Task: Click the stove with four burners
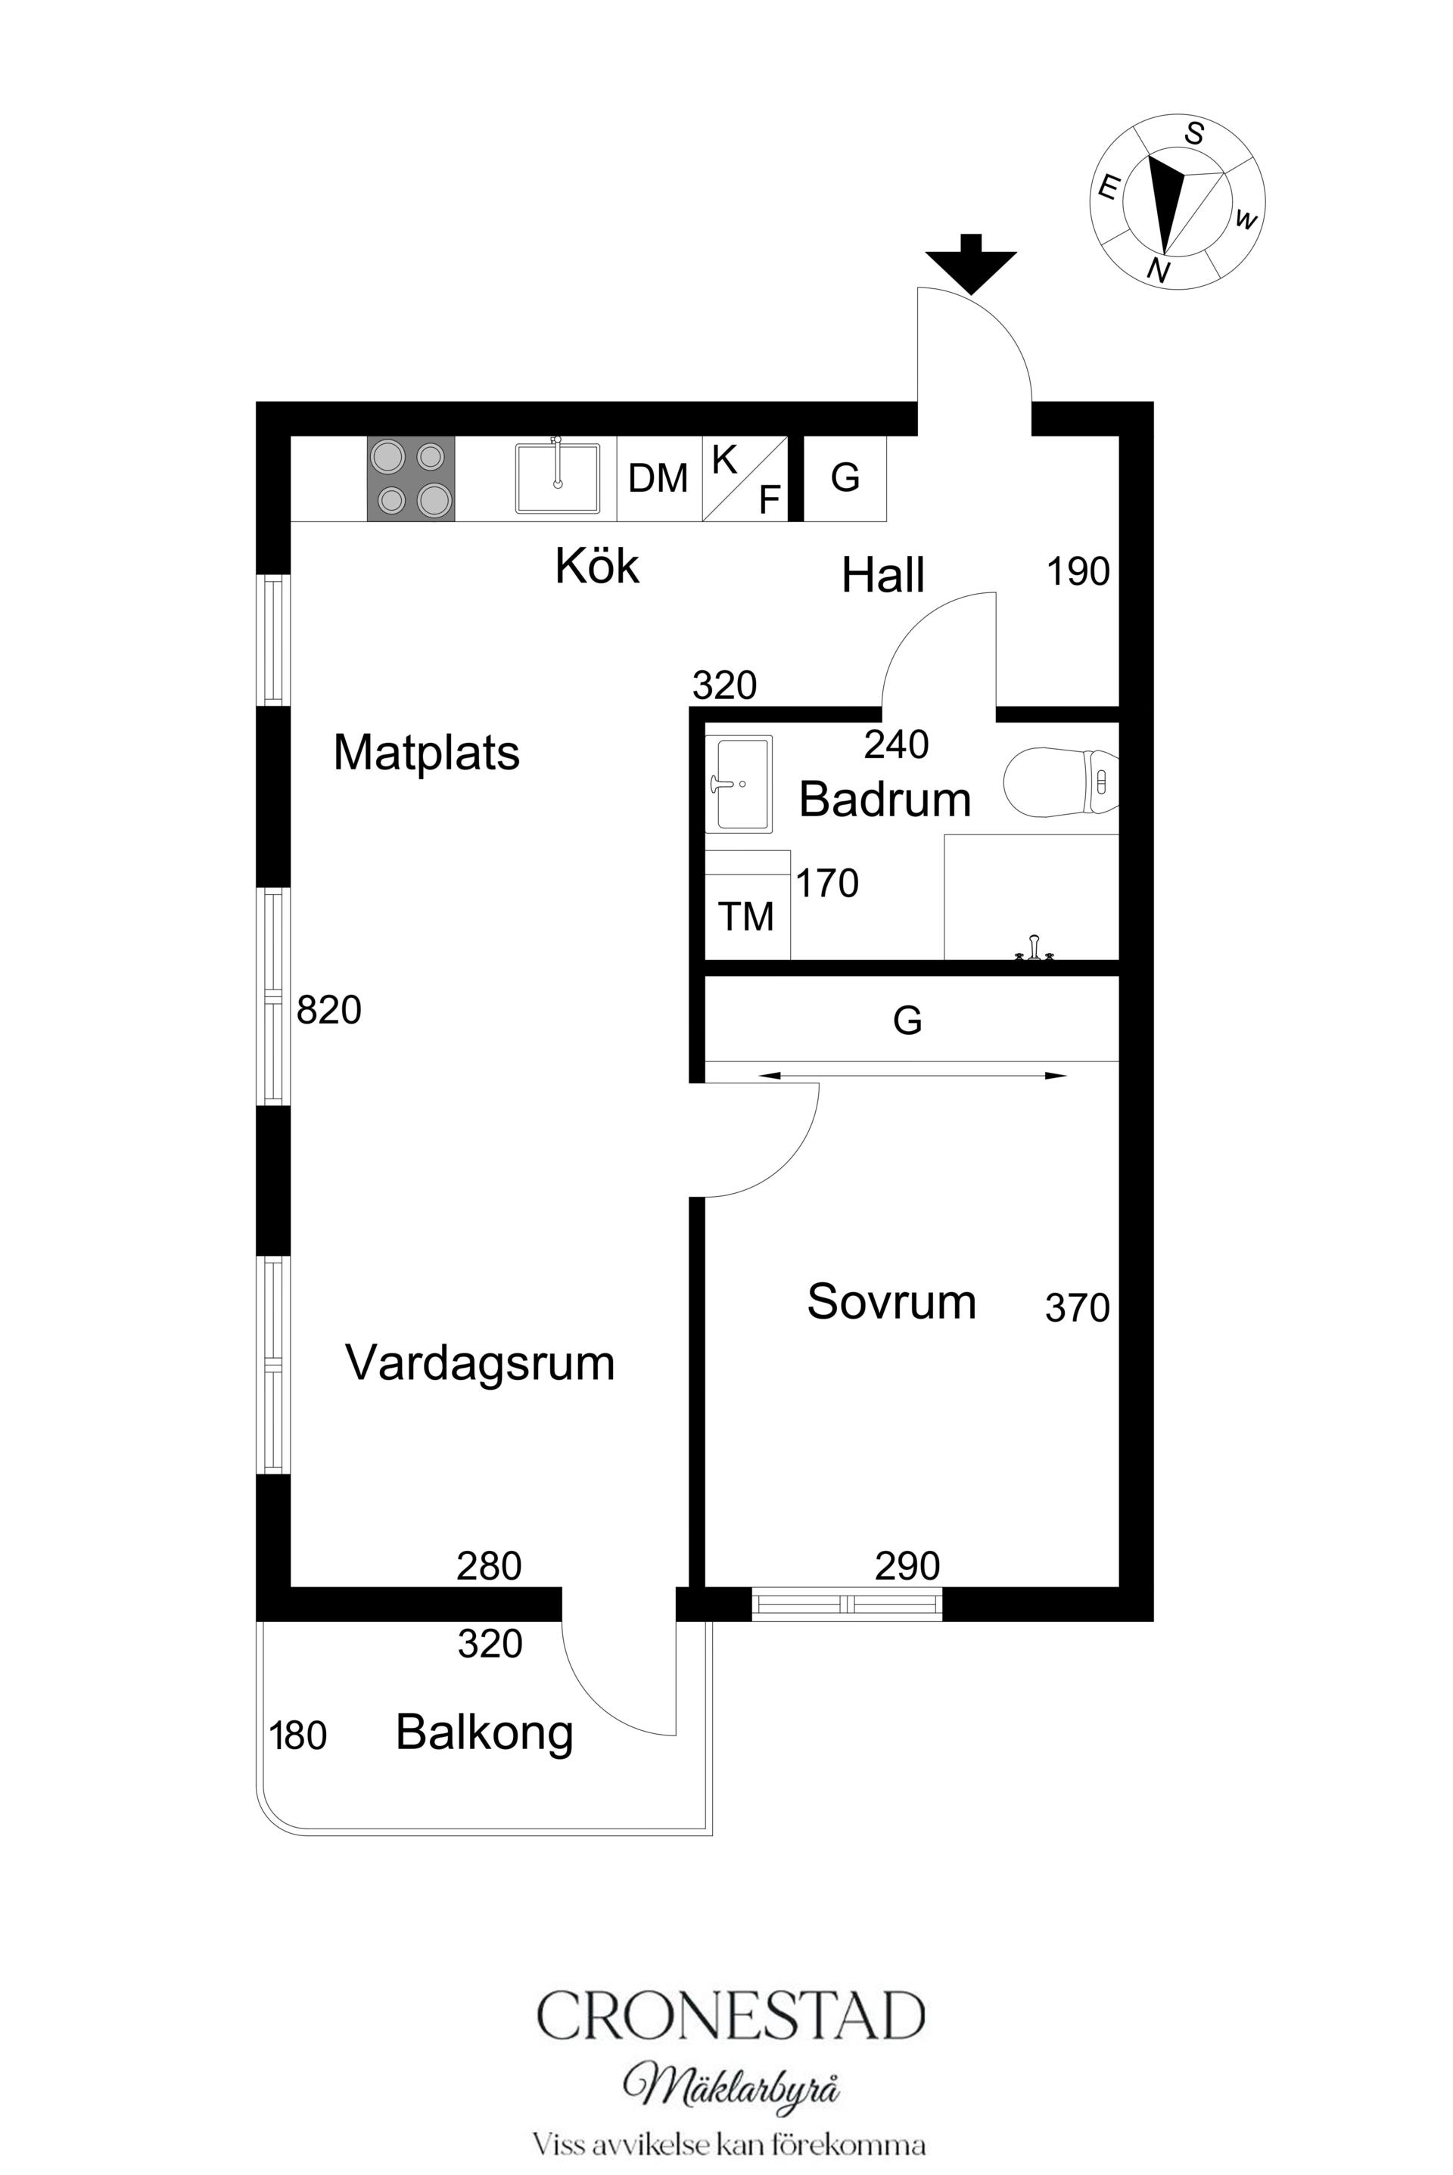click(x=410, y=478)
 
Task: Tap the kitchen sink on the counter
click(x=557, y=478)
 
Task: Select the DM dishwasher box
click(x=658, y=478)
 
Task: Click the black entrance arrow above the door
click(x=970, y=263)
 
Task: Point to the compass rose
click(x=1176, y=202)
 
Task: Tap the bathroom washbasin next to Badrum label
click(x=739, y=783)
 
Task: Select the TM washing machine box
click(x=746, y=916)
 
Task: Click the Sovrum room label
click(x=891, y=1301)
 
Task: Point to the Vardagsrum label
click(x=479, y=1362)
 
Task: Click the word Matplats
click(x=426, y=752)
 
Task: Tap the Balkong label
click(x=484, y=1732)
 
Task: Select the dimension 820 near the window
click(x=329, y=1010)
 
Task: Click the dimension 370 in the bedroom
click(x=1077, y=1308)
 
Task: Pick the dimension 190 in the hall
click(x=1078, y=571)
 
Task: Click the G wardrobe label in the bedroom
click(x=907, y=1021)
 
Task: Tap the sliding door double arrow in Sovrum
click(x=912, y=1076)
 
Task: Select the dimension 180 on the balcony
click(x=297, y=1736)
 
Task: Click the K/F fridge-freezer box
click(x=745, y=478)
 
